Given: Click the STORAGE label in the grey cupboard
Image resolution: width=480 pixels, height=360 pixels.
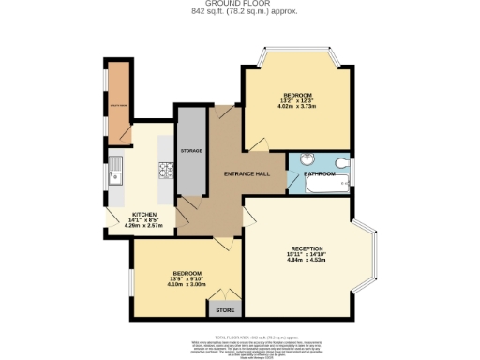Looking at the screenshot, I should pos(191,150).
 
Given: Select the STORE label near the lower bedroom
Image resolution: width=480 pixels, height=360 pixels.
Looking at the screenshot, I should pos(225,309).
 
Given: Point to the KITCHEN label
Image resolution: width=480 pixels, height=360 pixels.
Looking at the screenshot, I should pos(143,213).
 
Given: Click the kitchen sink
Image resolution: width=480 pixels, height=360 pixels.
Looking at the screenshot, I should pos(116,174).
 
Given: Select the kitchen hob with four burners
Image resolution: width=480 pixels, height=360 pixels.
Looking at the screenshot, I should pos(164,170).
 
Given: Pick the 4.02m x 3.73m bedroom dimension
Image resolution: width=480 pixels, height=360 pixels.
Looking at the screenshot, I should pos(297,107).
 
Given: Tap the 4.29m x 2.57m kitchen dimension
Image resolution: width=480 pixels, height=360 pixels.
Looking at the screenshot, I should pos(143,226).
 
